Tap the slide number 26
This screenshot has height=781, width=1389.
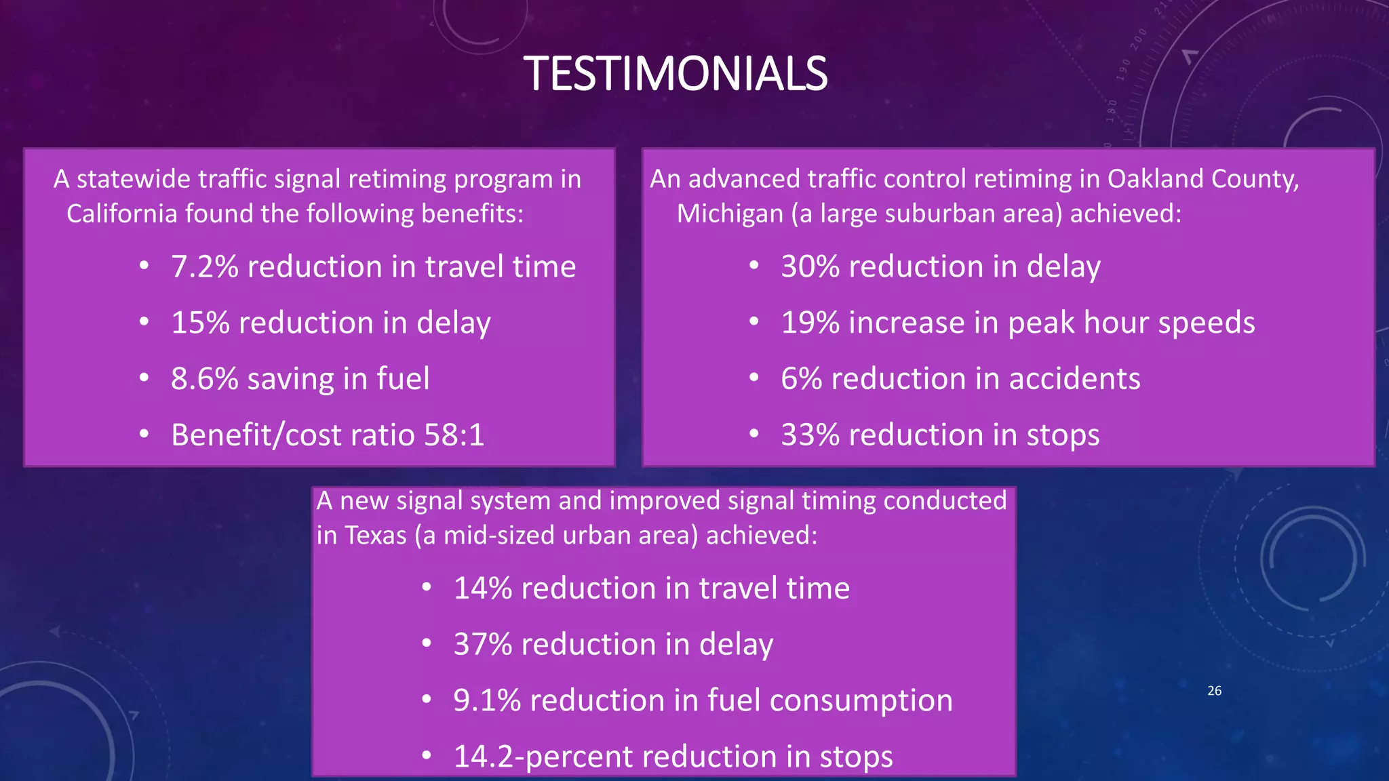click(x=1214, y=691)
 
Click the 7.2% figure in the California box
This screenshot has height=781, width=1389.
click(x=205, y=266)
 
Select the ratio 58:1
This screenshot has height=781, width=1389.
click(x=454, y=435)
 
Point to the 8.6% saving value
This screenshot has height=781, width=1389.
click(x=205, y=378)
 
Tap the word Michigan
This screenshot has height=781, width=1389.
click(x=730, y=214)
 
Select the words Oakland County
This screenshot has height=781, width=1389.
click(x=1202, y=179)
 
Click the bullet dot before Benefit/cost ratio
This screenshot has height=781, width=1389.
click(x=144, y=435)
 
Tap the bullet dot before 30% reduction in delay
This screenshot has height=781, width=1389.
click(x=754, y=266)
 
